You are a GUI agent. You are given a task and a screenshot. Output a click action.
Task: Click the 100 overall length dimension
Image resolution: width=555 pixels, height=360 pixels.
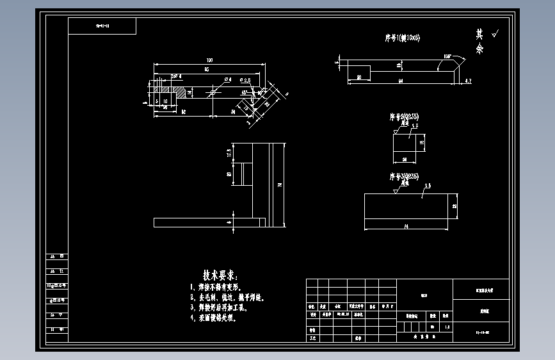point(209,60)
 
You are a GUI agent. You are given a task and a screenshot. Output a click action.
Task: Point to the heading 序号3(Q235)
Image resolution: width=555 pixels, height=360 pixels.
point(404,176)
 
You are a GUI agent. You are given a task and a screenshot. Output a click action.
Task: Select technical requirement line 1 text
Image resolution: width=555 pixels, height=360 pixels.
point(224,288)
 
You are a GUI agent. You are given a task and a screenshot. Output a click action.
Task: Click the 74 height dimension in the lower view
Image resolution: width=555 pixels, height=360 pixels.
point(280,184)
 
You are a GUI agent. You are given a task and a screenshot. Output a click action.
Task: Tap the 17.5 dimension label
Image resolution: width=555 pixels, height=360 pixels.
point(229,153)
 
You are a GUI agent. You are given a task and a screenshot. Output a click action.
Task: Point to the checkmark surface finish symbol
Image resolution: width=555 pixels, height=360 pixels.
point(495,32)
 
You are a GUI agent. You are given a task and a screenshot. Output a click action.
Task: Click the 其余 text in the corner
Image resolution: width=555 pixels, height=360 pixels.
point(479,42)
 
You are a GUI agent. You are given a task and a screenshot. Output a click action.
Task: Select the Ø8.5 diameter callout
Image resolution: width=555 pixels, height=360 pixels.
point(245,80)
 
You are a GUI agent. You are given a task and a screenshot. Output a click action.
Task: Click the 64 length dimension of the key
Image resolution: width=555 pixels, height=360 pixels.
point(400,81)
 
